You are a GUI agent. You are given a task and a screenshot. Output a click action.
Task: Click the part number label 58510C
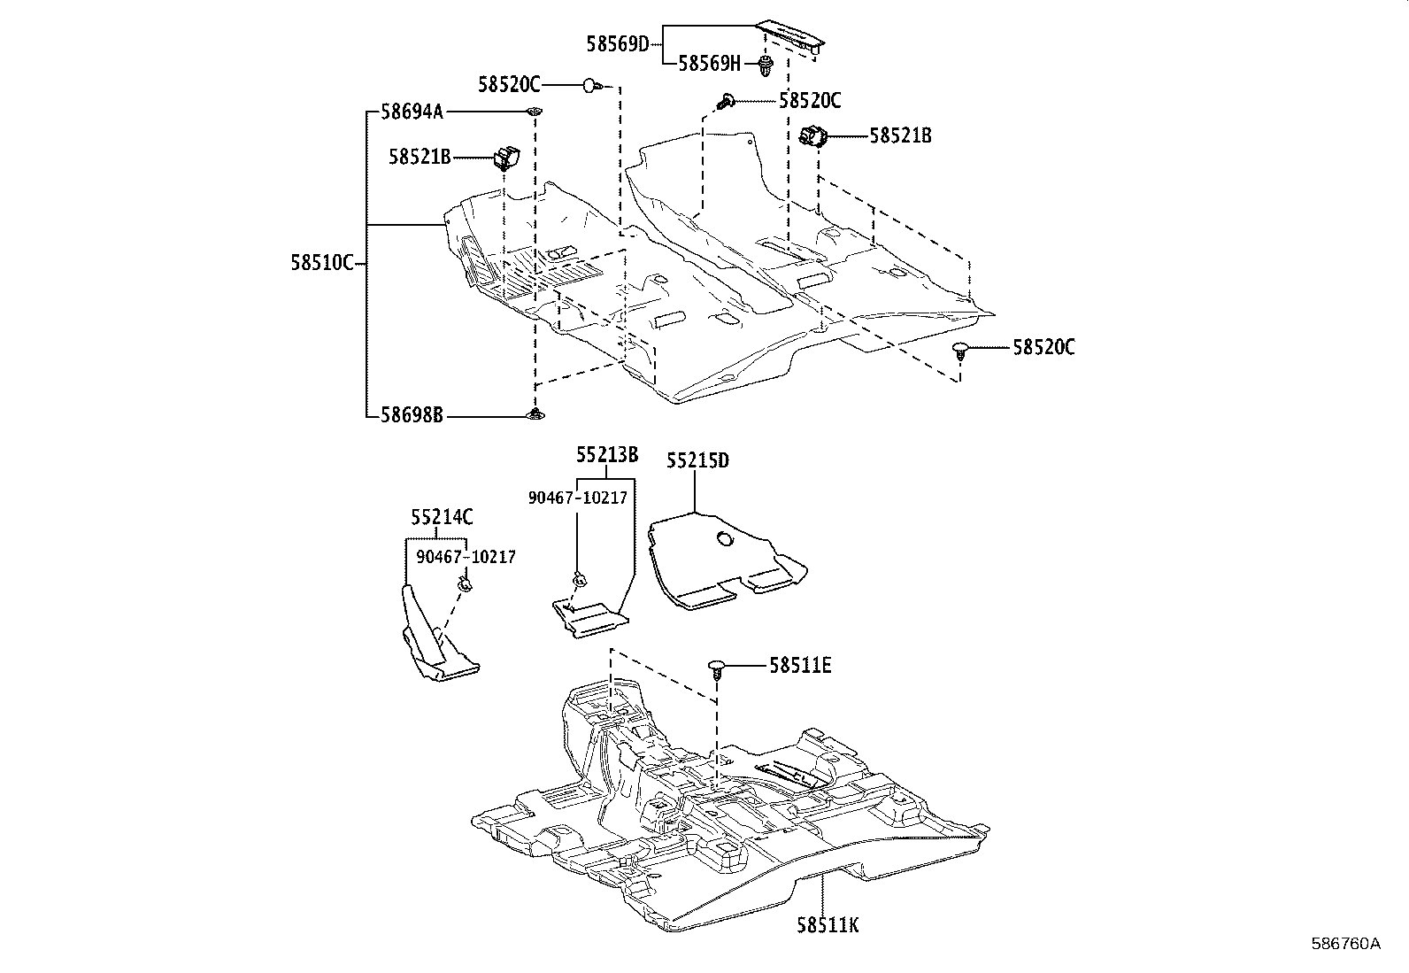(x=322, y=263)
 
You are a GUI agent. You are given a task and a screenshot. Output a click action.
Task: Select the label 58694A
(x=412, y=112)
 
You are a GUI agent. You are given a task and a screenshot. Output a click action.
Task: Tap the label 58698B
(x=412, y=414)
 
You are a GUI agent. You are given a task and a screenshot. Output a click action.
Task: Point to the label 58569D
(x=617, y=42)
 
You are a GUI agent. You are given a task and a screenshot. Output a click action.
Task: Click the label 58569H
(x=709, y=63)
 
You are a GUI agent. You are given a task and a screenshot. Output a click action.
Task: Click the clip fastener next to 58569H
(x=765, y=63)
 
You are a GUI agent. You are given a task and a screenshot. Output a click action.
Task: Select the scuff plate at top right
(x=793, y=38)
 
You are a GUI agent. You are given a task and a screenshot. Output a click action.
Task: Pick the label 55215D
(x=697, y=461)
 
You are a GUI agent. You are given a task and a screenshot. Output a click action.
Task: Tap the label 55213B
(x=607, y=455)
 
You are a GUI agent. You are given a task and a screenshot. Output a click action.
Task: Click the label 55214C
(x=442, y=517)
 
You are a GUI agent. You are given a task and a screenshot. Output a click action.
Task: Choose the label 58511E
(x=800, y=665)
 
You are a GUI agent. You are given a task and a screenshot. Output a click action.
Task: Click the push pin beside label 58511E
(x=718, y=667)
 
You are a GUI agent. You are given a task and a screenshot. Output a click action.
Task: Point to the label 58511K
(x=828, y=926)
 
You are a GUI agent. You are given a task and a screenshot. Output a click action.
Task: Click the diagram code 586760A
(x=1345, y=944)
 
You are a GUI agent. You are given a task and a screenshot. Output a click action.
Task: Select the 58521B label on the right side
(x=900, y=135)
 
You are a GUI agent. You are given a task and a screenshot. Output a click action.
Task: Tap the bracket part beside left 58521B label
(x=506, y=158)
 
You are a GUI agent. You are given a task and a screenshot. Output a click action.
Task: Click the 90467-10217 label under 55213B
(x=577, y=498)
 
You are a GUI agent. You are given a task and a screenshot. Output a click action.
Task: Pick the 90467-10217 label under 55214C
(x=466, y=557)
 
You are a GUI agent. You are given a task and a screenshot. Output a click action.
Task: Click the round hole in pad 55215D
(x=724, y=538)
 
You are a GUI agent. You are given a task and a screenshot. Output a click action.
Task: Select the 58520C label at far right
(x=1043, y=347)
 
